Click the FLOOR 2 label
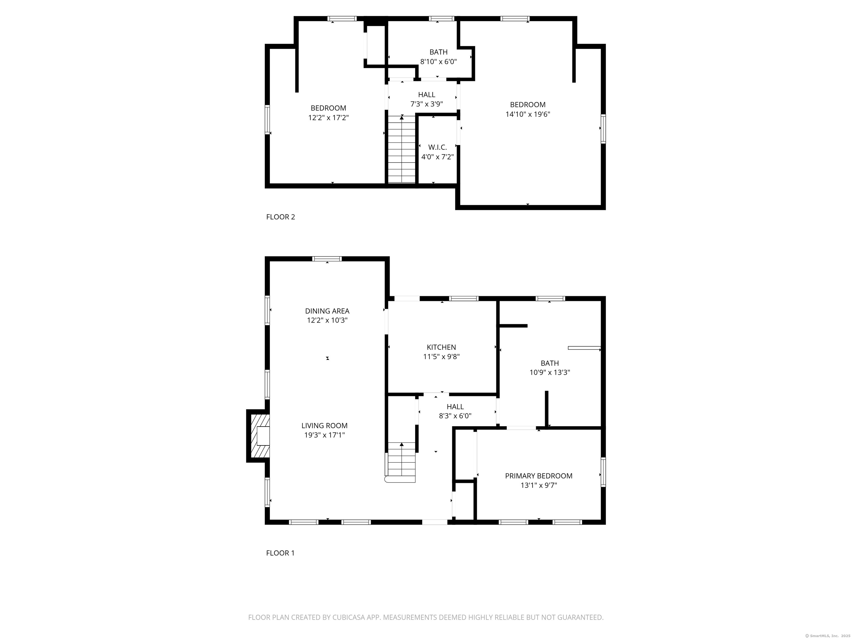tap(280, 217)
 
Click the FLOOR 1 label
tap(280, 553)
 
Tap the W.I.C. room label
tap(438, 147)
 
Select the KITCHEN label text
tap(442, 347)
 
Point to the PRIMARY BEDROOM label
tap(539, 476)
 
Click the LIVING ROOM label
tap(324, 426)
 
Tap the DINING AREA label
tap(327, 311)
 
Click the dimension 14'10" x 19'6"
tap(528, 114)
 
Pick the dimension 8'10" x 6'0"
tap(438, 61)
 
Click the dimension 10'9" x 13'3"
tap(550, 372)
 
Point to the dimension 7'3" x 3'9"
tap(426, 104)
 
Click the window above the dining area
tap(327, 259)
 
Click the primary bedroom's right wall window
tap(603, 472)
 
